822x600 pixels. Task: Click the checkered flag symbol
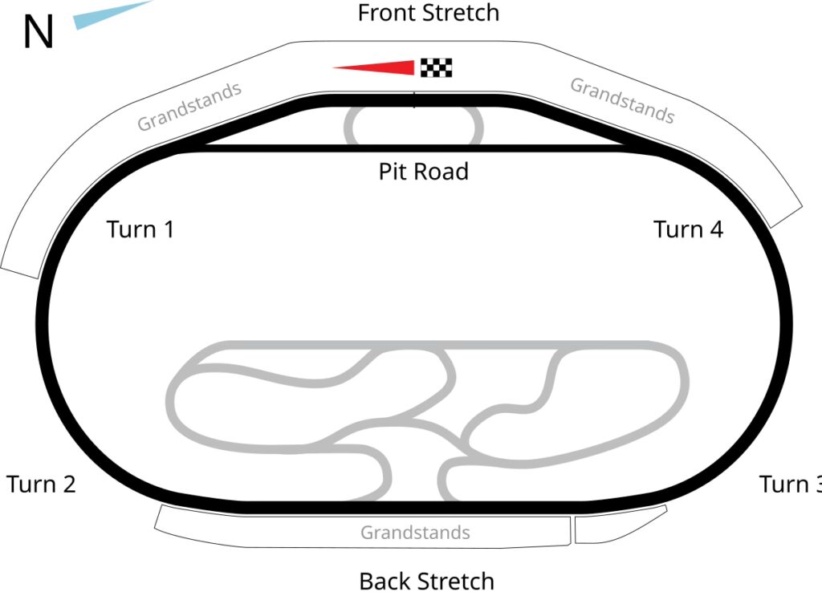436,68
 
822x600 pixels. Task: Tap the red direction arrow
377,68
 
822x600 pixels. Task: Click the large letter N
38,33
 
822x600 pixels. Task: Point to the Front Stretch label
428,13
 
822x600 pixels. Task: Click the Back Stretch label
426,580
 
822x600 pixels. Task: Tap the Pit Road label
423,171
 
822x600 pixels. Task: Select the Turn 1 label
140,229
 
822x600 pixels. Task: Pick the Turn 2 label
41,484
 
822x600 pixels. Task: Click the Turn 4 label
688,229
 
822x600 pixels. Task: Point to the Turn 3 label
790,484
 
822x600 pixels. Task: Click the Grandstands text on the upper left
189,107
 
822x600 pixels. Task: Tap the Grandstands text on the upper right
622,100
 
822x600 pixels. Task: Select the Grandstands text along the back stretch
415,532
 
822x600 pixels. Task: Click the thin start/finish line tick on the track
414,99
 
